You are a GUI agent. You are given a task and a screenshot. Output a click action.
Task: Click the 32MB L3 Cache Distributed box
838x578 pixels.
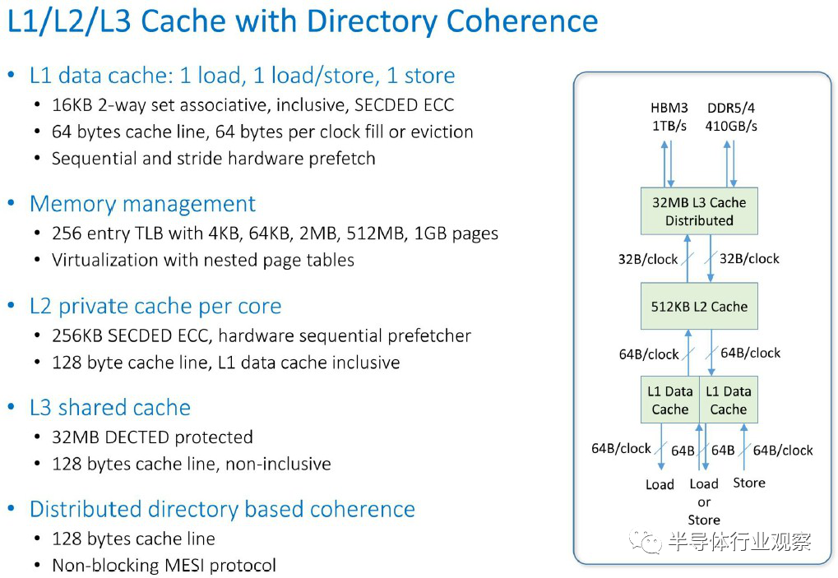click(x=699, y=211)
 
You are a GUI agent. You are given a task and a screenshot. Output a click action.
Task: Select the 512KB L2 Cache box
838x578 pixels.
click(x=699, y=306)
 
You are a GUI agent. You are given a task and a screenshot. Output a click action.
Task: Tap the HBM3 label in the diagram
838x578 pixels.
click(x=669, y=108)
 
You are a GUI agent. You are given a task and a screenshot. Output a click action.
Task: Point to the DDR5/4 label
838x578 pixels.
click(x=731, y=108)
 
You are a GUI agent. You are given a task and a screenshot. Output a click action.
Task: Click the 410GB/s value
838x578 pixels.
click(x=731, y=126)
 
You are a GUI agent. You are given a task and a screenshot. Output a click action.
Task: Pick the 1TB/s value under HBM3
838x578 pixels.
click(x=669, y=126)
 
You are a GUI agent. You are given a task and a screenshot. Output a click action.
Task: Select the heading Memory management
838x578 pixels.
click(x=143, y=204)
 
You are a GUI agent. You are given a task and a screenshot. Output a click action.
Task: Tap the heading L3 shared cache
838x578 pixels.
click(x=110, y=408)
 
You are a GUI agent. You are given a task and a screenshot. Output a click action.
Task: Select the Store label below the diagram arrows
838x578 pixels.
click(x=748, y=483)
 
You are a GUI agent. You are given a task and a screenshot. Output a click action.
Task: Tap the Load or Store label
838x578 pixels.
click(x=704, y=502)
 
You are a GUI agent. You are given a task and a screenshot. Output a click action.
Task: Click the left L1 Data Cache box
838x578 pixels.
click(x=670, y=400)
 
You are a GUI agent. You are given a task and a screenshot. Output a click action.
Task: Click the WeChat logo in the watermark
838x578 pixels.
click(x=645, y=541)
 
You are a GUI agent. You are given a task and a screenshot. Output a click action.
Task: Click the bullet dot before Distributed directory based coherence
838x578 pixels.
click(x=12, y=509)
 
